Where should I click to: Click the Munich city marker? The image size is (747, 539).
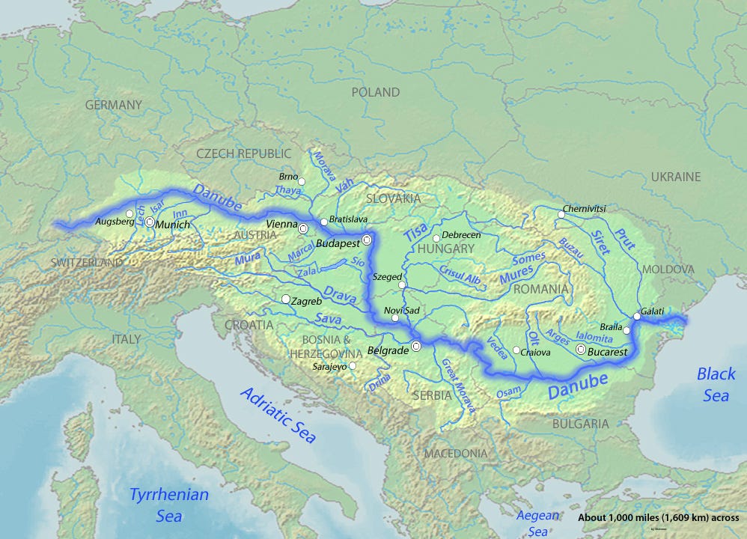point(150,222)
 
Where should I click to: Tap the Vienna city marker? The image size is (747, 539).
point(304,228)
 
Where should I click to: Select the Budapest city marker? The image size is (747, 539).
point(367,240)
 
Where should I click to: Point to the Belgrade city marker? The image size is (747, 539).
point(416,346)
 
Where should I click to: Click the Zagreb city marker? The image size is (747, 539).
point(286,299)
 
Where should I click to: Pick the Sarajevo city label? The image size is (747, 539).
point(329,367)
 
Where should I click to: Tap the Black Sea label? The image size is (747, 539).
point(716,384)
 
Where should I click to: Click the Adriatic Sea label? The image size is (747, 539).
point(278,415)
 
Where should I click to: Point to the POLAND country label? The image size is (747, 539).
point(376,93)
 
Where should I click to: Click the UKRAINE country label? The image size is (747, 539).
point(675,177)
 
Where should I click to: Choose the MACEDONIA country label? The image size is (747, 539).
point(456,454)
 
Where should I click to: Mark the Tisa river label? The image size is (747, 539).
point(416,233)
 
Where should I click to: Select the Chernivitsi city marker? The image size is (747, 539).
point(561,215)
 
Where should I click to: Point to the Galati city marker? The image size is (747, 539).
point(636,316)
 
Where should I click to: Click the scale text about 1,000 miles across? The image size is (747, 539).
point(659,518)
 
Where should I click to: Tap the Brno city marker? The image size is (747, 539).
point(302,181)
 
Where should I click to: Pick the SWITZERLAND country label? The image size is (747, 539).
point(87,264)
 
